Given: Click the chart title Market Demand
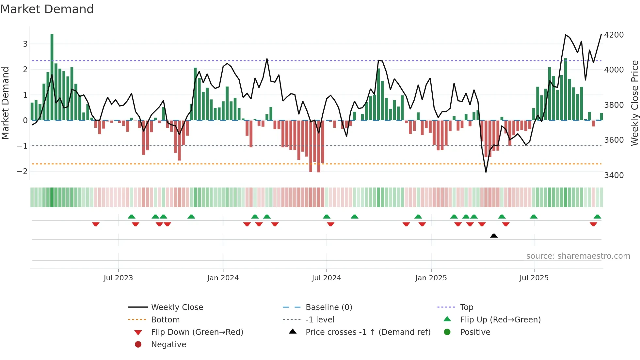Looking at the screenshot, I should click(47, 9).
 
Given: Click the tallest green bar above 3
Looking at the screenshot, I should click(52, 77).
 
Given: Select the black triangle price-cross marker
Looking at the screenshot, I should click(494, 236).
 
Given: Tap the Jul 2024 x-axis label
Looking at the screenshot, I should click(326, 278).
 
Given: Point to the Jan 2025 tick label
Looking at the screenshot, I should click(431, 278).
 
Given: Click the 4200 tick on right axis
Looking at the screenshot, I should click(614, 35).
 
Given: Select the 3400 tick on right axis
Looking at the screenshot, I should click(614, 175).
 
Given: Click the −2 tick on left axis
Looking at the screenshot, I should click(22, 172).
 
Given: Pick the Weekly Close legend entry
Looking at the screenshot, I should click(177, 307).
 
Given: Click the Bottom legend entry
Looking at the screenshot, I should click(165, 320).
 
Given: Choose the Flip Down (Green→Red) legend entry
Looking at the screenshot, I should click(197, 332).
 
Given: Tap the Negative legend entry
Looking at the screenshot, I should click(168, 345).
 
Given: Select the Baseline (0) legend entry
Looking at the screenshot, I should click(328, 307).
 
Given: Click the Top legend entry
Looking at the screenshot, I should click(467, 307).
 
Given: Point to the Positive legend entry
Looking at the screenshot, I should click(475, 332).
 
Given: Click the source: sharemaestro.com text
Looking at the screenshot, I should click(578, 256).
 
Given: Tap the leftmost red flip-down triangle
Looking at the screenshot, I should click(96, 224).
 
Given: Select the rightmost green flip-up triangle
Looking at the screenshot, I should click(597, 217).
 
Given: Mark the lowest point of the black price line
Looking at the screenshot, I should click(486, 172).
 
